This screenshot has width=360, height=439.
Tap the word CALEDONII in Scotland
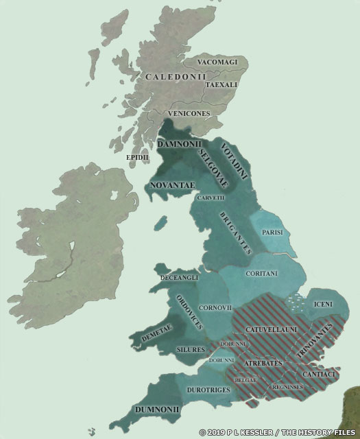[175, 78]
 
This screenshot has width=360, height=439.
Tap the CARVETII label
[211, 198]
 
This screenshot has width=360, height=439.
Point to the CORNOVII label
[213, 307]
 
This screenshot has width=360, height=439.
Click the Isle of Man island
[162, 224]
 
